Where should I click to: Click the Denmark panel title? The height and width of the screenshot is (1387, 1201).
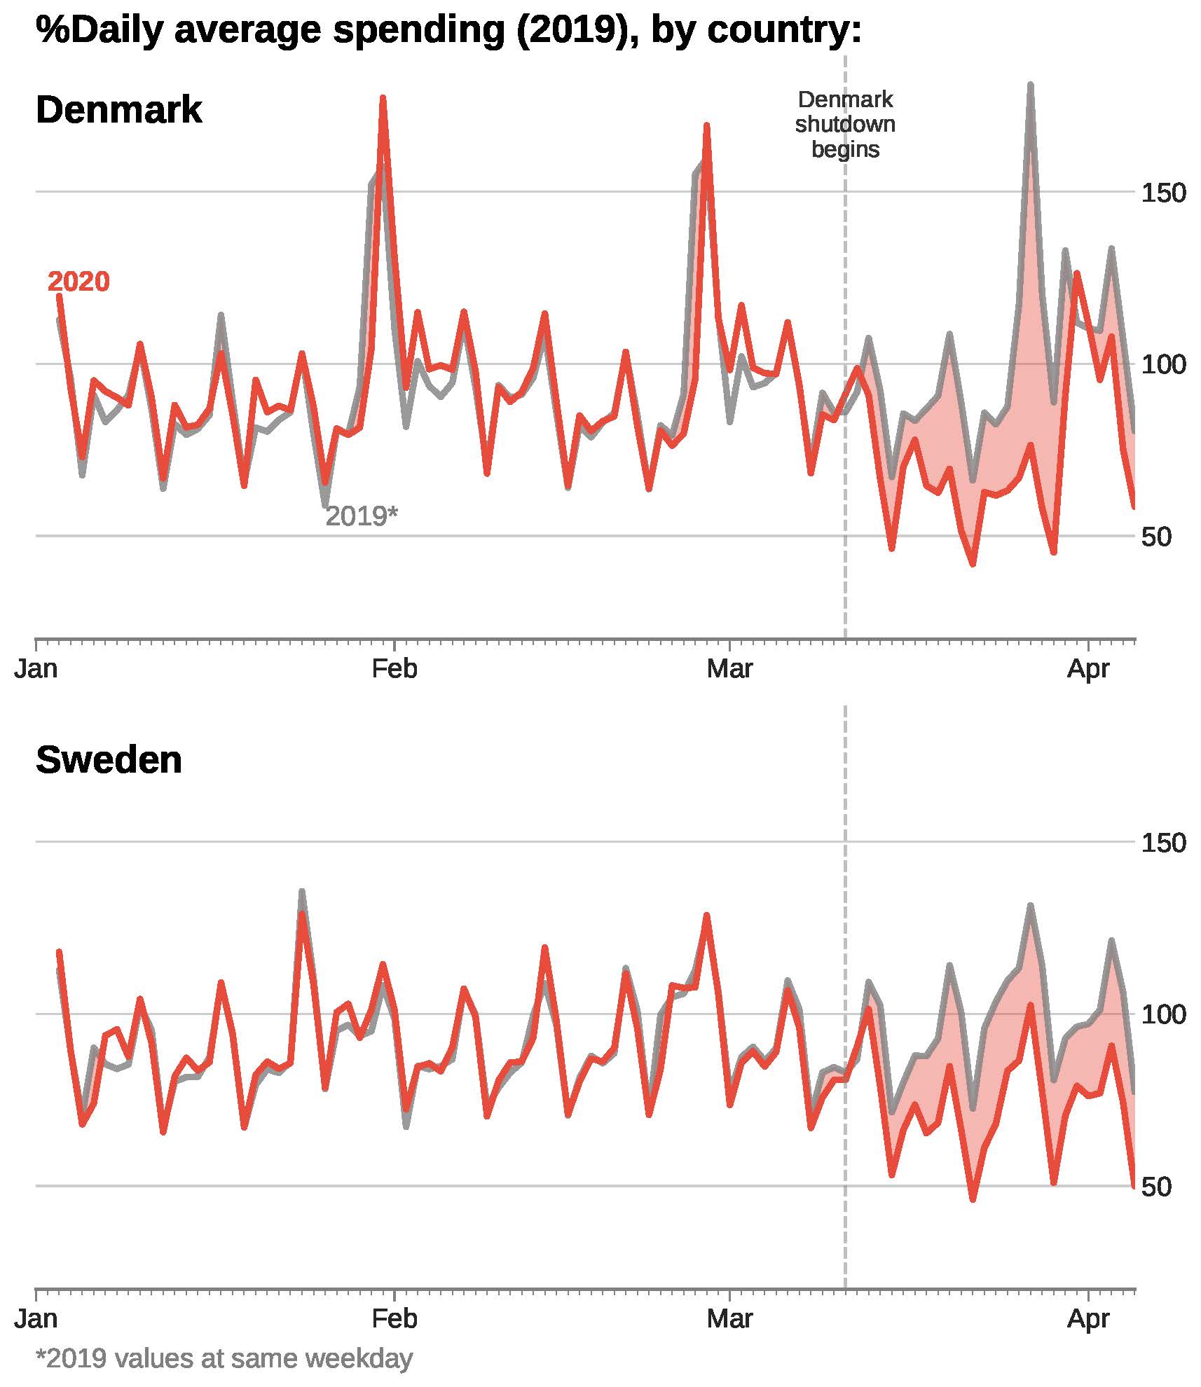(x=118, y=110)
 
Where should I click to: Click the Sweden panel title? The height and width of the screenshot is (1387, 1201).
(x=109, y=759)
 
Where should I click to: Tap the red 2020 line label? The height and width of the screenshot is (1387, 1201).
(x=78, y=282)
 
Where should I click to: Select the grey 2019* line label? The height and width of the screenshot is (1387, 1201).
(x=362, y=516)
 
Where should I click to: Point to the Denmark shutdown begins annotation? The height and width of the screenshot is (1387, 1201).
(x=845, y=124)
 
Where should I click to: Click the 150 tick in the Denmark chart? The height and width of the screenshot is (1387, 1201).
(x=1163, y=193)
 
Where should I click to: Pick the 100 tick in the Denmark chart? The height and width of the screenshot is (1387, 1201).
(x=1163, y=365)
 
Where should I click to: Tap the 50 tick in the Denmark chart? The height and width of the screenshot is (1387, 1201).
(x=1156, y=537)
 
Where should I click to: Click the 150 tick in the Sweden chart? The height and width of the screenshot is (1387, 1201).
(x=1163, y=843)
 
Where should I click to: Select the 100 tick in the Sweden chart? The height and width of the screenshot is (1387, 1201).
(x=1163, y=1014)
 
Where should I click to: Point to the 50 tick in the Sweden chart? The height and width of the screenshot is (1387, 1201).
(x=1156, y=1187)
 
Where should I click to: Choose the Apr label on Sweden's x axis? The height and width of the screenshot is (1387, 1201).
(x=1088, y=1319)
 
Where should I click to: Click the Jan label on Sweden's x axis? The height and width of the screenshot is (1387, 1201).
(x=36, y=1319)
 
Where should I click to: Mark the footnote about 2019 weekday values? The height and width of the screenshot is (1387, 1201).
(x=224, y=1358)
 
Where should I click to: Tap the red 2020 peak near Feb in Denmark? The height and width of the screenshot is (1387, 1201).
(x=383, y=99)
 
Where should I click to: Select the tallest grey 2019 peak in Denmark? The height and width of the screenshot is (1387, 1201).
(x=1030, y=85)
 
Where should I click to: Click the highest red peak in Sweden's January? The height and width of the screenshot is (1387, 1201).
(x=302, y=913)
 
